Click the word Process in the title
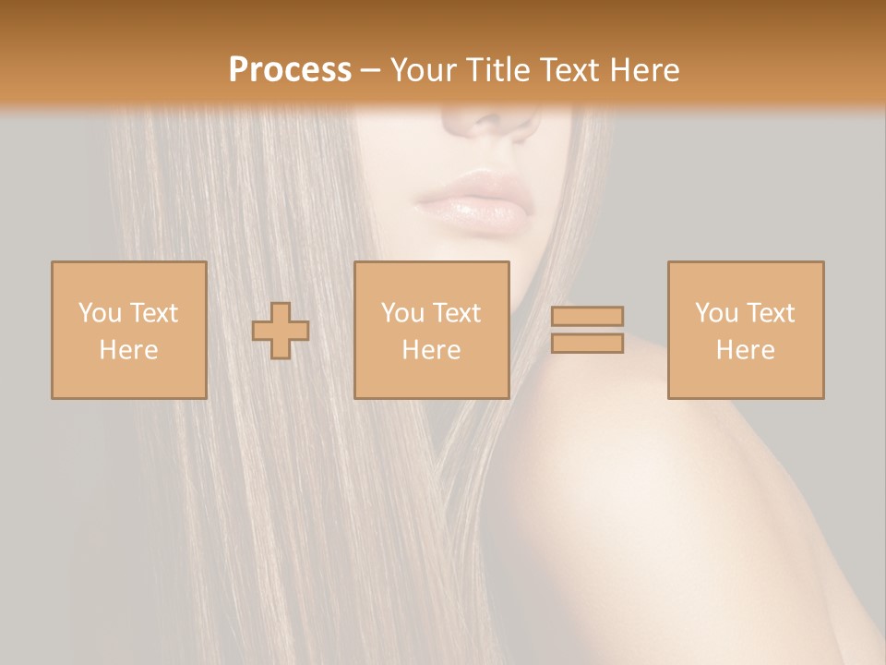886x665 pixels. click(290, 70)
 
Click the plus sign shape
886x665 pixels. click(281, 331)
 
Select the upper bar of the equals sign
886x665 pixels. click(587, 316)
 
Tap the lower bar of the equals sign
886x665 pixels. click(587, 344)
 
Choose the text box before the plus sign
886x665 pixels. click(128, 331)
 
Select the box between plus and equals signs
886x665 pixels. click(431, 331)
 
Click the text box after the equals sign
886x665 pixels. click(745, 331)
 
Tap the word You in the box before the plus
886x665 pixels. click(100, 313)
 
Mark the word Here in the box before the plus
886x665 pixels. click(128, 350)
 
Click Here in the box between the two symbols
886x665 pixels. click(431, 350)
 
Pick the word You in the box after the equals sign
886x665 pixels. click(717, 313)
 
